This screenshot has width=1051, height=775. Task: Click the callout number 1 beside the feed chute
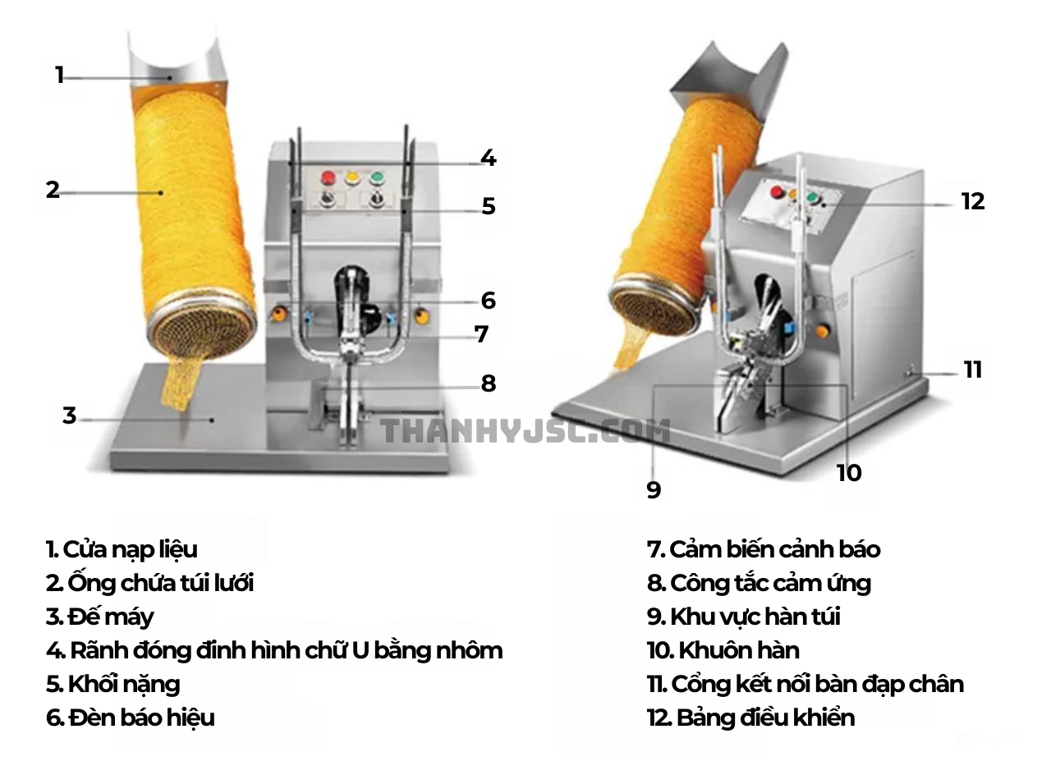pyautogui.click(x=59, y=76)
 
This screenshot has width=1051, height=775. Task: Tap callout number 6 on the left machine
pyautogui.click(x=489, y=300)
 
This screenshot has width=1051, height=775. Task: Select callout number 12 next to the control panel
pyautogui.click(x=972, y=201)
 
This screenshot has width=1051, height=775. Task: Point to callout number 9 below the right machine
pyautogui.click(x=654, y=490)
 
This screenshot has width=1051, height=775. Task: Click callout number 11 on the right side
pyautogui.click(x=973, y=369)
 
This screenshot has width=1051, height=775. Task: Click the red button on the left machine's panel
pyautogui.click(x=328, y=177)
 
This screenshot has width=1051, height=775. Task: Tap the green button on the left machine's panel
pyautogui.click(x=377, y=177)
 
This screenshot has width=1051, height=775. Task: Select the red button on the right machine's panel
pyautogui.click(x=776, y=192)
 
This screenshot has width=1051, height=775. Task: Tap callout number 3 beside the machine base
pyautogui.click(x=69, y=415)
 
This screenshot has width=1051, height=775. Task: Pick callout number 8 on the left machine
pyautogui.click(x=489, y=383)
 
